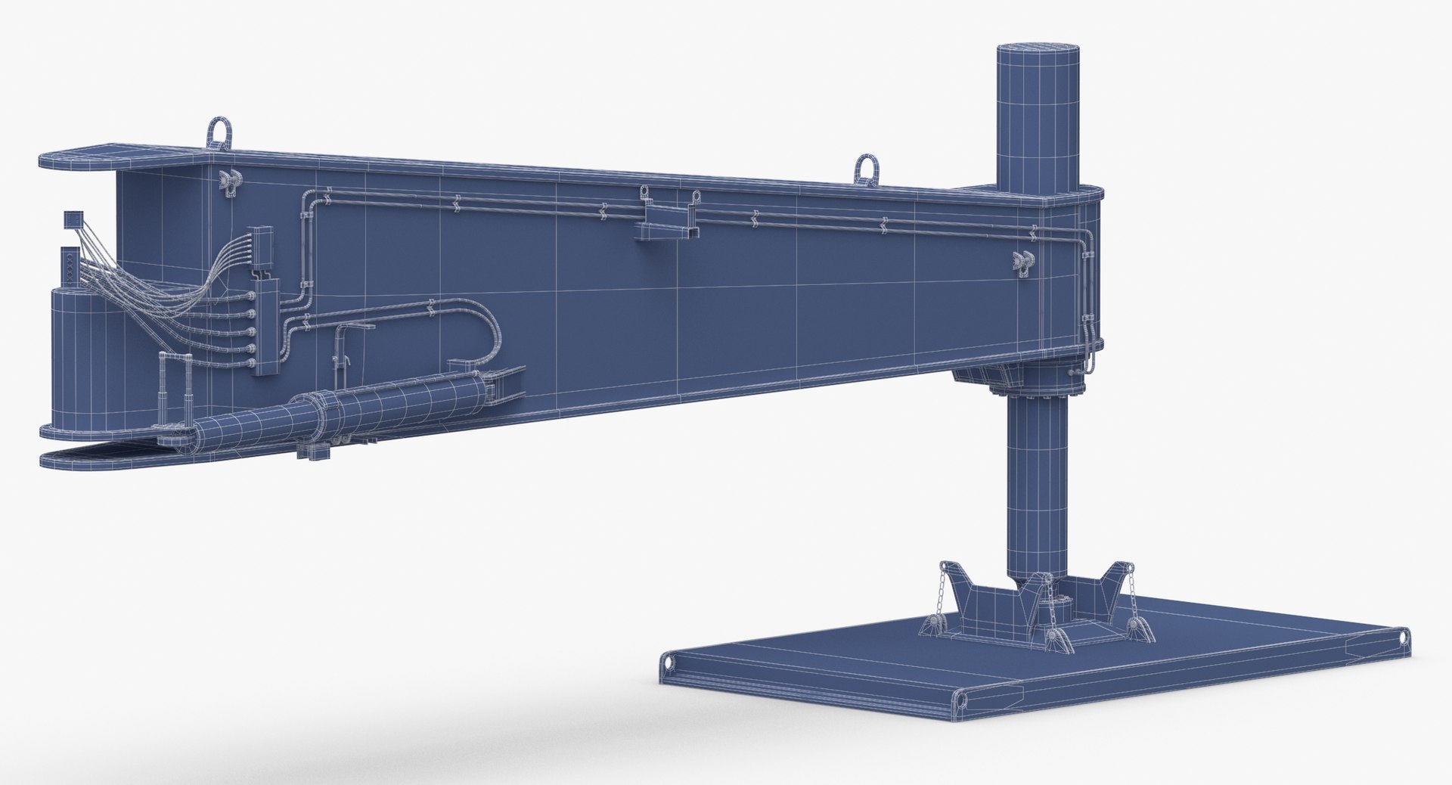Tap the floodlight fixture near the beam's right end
coord(1023,261)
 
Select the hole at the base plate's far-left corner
coord(669,663)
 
